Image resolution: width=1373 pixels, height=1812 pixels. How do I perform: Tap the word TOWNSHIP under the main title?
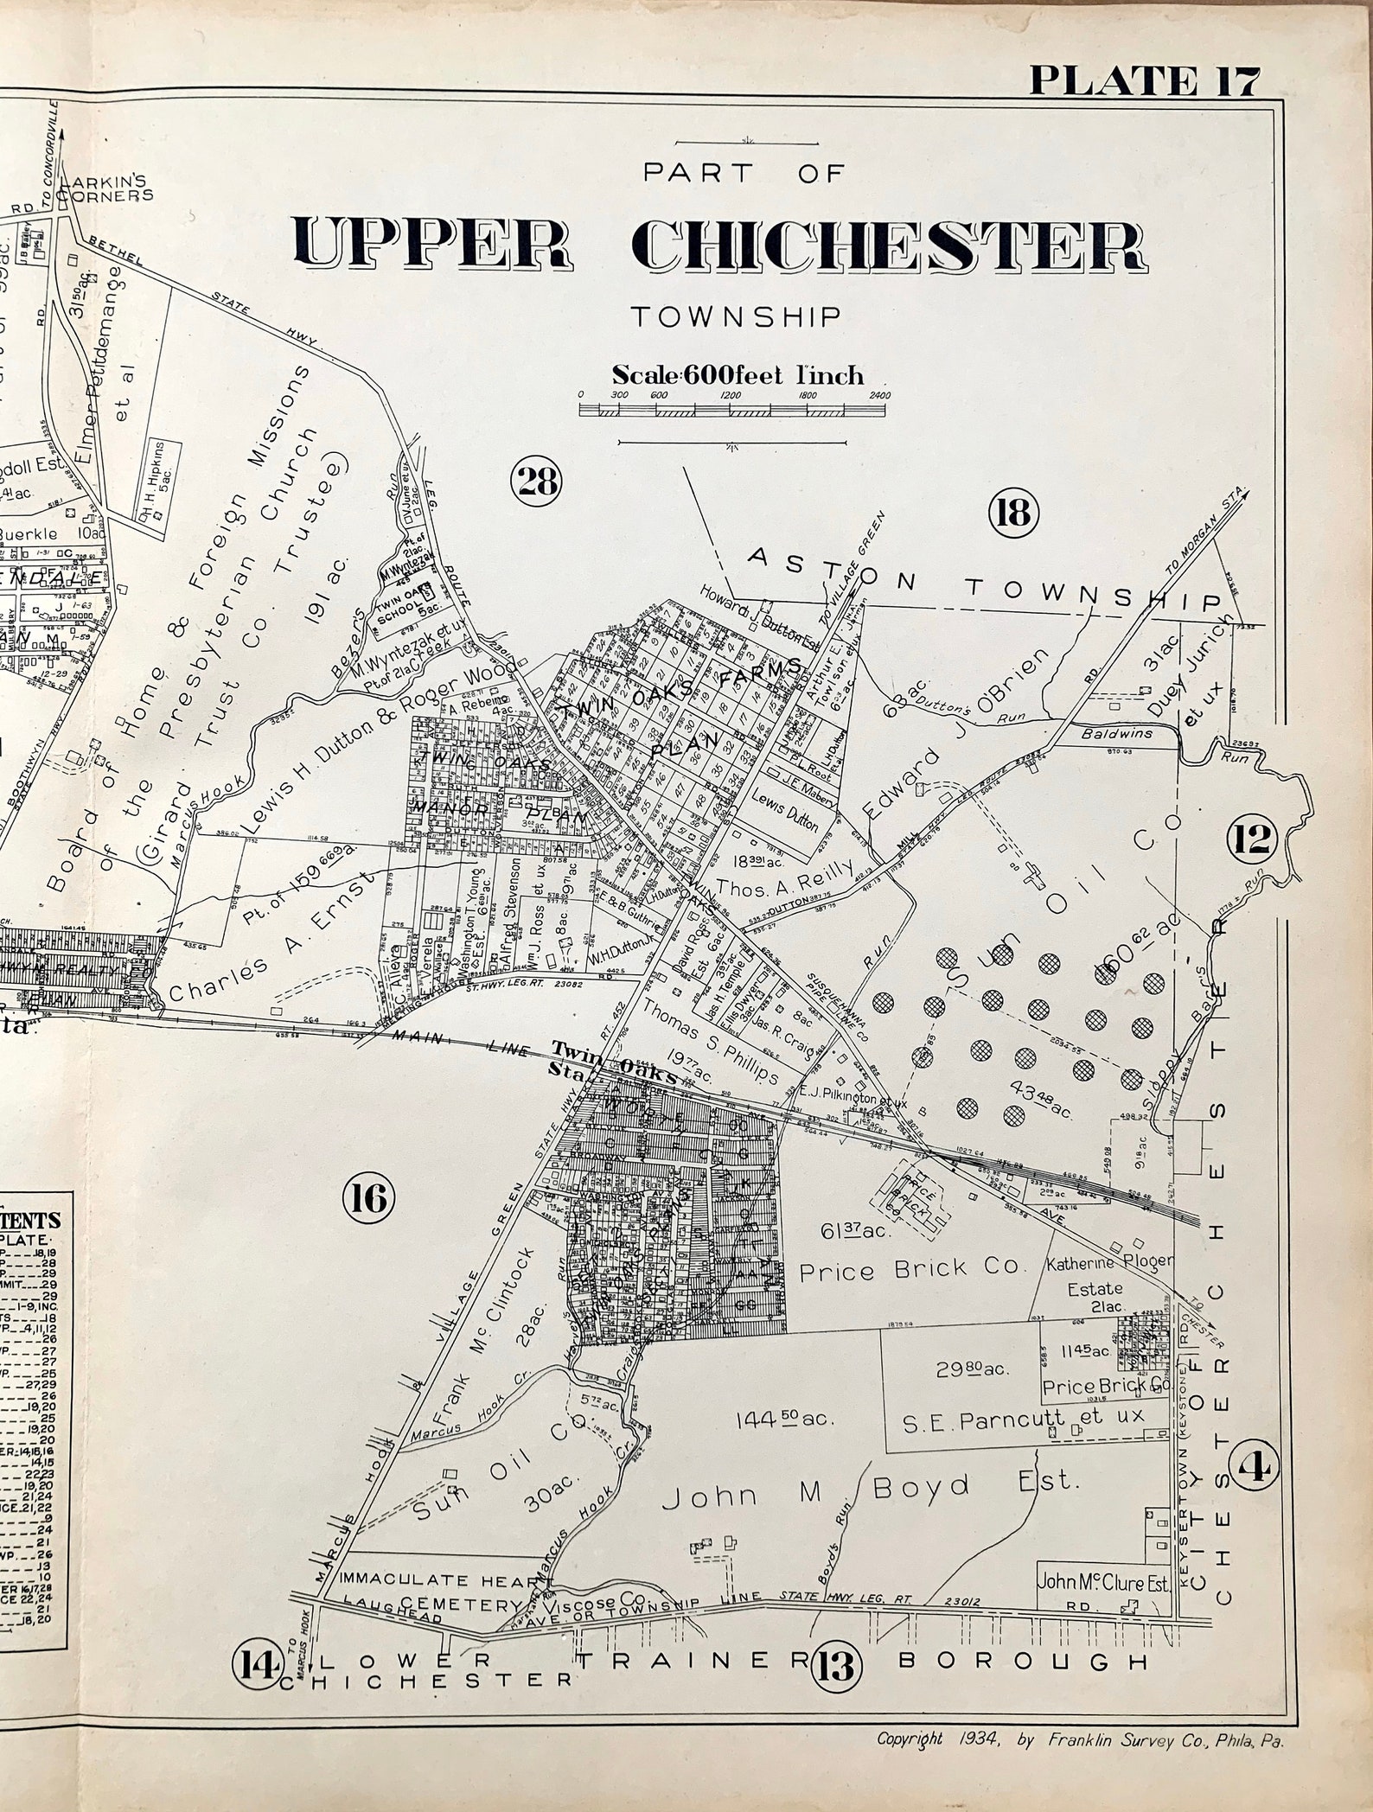tap(735, 316)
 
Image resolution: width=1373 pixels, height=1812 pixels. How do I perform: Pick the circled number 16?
tap(368, 1197)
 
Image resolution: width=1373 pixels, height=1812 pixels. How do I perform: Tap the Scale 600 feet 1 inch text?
tap(738, 375)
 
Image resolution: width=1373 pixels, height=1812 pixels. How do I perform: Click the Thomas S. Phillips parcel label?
tap(711, 1042)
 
